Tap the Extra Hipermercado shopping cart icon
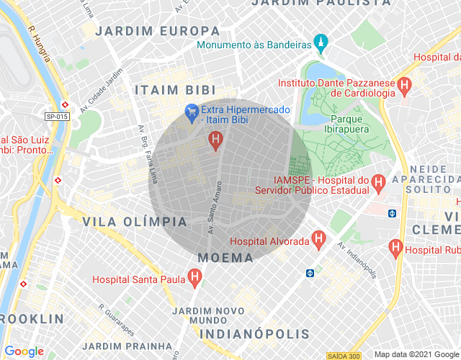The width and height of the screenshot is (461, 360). [192, 112]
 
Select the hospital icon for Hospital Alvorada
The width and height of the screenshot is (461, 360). [318, 240]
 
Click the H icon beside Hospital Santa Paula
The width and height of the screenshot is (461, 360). [194, 278]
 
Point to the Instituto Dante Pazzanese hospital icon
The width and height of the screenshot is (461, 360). [405, 86]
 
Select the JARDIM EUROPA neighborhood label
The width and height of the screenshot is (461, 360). [158, 31]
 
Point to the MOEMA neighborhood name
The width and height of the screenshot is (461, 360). [226, 257]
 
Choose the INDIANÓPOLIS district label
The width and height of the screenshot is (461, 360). [254, 334]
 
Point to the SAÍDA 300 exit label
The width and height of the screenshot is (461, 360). [343, 356]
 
